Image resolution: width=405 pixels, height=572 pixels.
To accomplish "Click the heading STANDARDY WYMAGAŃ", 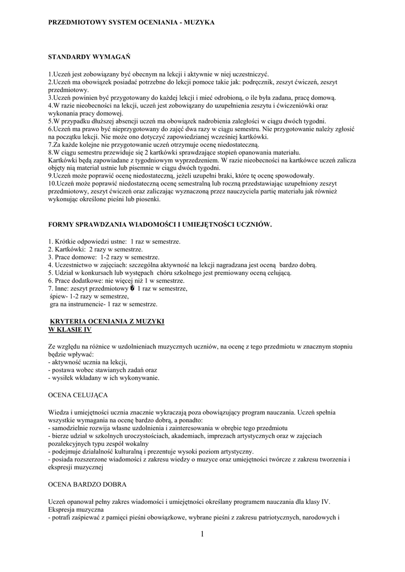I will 89,57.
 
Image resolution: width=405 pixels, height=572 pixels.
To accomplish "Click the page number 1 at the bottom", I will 202,535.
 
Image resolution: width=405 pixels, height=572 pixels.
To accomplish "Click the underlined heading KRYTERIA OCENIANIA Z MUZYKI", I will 107,322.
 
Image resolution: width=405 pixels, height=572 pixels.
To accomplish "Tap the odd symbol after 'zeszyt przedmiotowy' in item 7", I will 132,289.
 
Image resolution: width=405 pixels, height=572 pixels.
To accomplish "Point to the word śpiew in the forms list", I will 58,297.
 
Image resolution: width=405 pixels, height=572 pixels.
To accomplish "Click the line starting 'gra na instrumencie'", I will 103,304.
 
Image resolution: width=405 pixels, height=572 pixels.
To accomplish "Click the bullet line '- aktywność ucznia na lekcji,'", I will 88,362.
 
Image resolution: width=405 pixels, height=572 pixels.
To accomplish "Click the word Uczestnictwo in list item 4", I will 75,265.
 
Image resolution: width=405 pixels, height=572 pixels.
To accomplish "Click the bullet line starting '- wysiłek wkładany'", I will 104,378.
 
